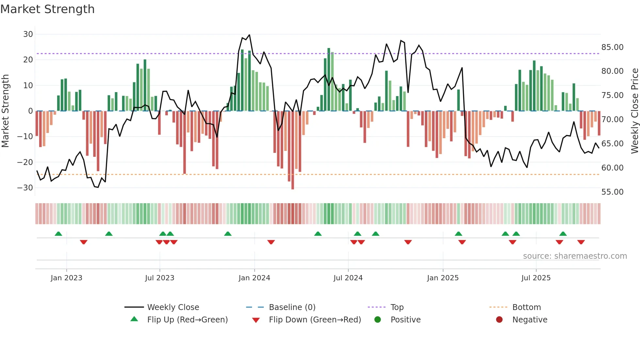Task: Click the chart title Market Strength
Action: point(47,9)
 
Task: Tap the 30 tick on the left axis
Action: point(28,34)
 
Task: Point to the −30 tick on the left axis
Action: point(25,188)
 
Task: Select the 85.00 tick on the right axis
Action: point(612,47)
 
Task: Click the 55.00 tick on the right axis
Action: point(612,192)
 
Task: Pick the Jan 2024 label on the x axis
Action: point(254,278)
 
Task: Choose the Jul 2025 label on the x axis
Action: point(536,278)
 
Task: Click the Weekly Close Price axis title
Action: point(634,111)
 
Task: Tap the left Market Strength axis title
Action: point(6,111)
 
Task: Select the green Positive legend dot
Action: point(378,320)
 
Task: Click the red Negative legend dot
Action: point(499,320)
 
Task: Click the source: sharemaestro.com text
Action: point(575,256)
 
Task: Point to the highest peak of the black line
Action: point(249,35)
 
